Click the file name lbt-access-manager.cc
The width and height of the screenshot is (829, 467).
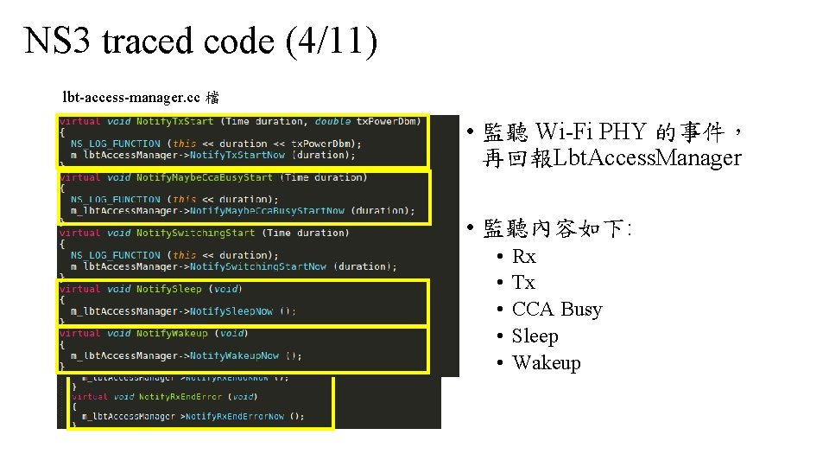pyautogui.click(x=131, y=96)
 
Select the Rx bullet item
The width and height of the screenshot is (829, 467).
pyautogui.click(x=523, y=256)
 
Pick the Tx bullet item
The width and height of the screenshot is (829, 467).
pyautogui.click(x=523, y=283)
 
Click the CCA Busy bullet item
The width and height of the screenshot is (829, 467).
pyautogui.click(x=556, y=310)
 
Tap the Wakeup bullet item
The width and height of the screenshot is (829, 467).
pyautogui.click(x=546, y=363)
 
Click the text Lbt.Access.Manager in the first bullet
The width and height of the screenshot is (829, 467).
pyautogui.click(x=648, y=158)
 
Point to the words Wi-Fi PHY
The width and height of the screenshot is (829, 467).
pyautogui.click(x=591, y=132)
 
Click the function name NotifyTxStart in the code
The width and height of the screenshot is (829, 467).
pyautogui.click(x=174, y=122)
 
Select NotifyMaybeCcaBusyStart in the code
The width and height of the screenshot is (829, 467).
pyautogui.click(x=204, y=177)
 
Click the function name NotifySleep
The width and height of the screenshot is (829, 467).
pyautogui.click(x=168, y=289)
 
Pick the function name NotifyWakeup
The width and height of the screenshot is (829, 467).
pyautogui.click(x=172, y=333)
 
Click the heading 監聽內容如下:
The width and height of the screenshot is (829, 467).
pyautogui.click(x=557, y=229)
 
